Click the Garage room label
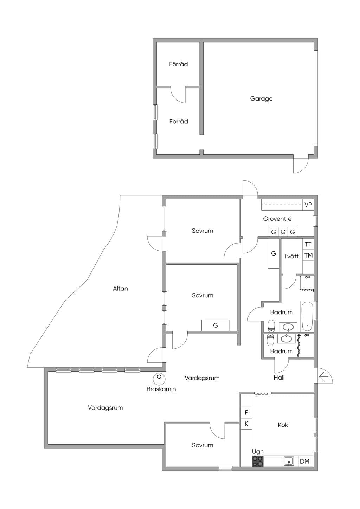[261, 99]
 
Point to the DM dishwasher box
[304, 461]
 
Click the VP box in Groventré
[308, 205]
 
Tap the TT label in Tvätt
[308, 244]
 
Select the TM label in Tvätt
[308, 256]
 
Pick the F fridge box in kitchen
[246, 412]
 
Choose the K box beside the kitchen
[246, 424]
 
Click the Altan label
[120, 289]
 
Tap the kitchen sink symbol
[289, 461]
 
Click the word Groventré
[277, 219]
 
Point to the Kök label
[283, 425]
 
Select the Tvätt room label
[291, 256]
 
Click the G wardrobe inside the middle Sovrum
[216, 326]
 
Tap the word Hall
[279, 378]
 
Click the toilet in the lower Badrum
[270, 340]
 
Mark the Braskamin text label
[161, 389]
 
